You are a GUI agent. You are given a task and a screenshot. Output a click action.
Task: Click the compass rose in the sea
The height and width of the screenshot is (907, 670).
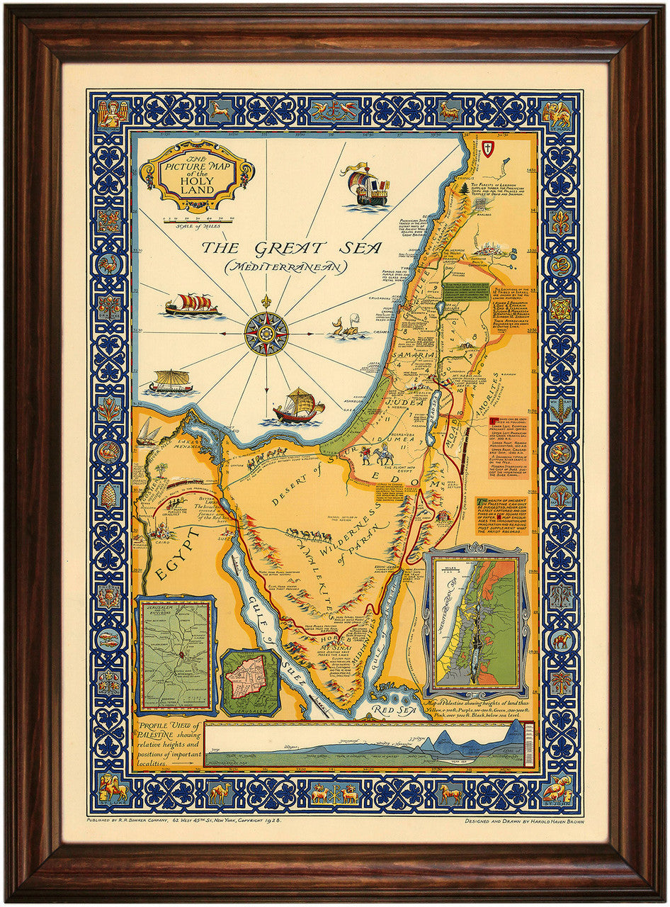tap(266, 332)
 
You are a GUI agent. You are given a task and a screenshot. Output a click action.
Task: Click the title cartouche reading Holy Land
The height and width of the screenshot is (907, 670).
tap(196, 175)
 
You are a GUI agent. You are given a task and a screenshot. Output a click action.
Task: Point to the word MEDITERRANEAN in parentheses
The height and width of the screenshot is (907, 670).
tap(285, 267)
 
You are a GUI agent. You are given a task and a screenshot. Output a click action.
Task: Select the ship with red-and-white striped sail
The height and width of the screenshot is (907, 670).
tap(191, 305)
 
